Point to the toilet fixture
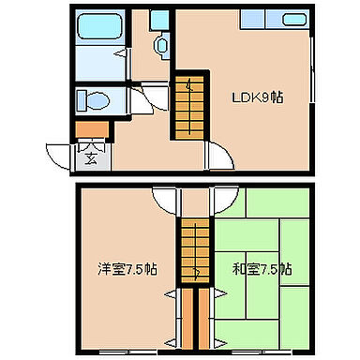tap(91, 98)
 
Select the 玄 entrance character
tap(92, 156)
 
